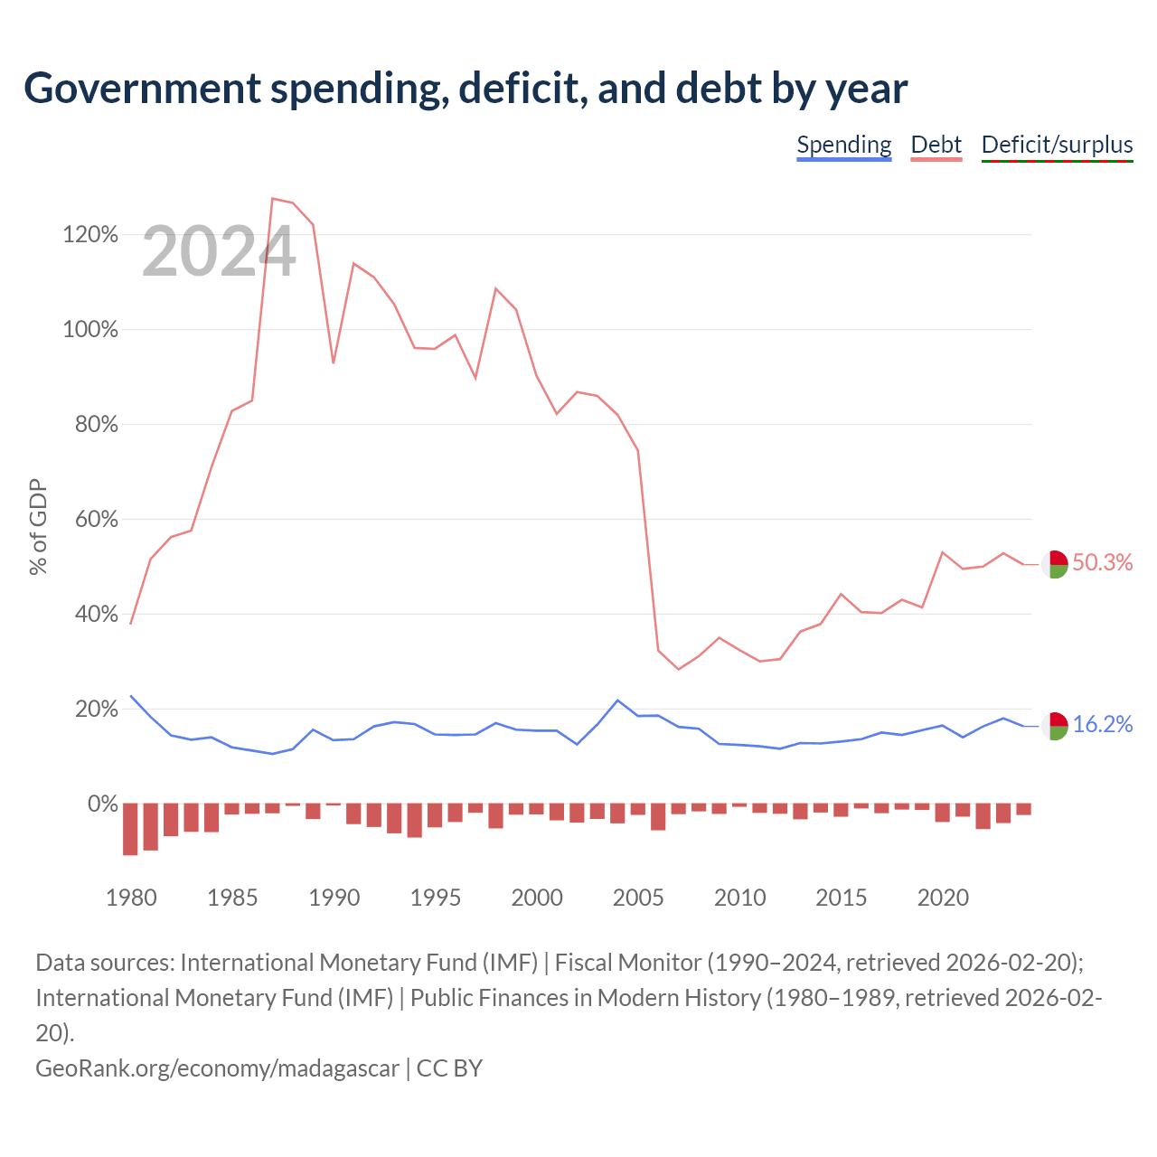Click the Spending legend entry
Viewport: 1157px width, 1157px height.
(843, 146)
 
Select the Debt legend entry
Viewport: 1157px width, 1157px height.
(936, 146)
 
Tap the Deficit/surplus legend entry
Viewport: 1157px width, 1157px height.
(1057, 146)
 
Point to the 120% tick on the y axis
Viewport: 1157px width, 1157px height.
(90, 234)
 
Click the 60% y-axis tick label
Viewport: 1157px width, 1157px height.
(96, 519)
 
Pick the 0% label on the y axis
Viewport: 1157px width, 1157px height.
(103, 804)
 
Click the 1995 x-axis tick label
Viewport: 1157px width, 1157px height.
(435, 897)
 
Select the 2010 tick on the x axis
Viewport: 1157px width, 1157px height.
(739, 897)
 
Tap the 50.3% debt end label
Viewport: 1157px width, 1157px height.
(1103, 562)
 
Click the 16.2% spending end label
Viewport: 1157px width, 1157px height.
(1103, 724)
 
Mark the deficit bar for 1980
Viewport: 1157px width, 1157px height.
(130, 829)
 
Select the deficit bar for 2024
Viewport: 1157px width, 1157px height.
(1024, 809)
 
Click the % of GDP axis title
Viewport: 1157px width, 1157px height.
(38, 527)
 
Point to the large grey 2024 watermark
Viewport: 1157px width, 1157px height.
(219, 251)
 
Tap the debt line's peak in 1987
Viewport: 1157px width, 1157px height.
(273, 198)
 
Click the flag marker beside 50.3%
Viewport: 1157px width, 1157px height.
(1055, 564)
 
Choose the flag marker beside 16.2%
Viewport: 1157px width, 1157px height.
(1055, 727)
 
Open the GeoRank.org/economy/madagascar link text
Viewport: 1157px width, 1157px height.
(217, 1068)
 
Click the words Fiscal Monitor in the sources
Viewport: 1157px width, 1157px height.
(628, 963)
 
